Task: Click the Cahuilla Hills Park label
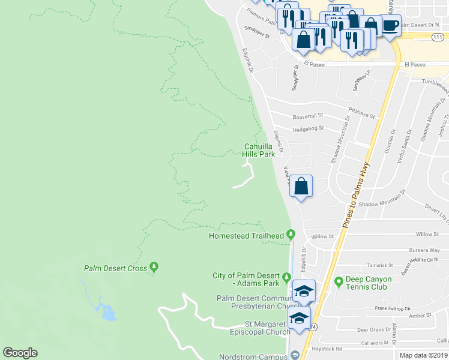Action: pos(259,150)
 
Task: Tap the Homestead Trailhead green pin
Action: pos(291,234)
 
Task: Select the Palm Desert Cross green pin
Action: pos(155,267)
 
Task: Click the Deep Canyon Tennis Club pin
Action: pos(339,280)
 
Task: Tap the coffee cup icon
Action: pos(390,26)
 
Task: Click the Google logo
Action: pos(20,353)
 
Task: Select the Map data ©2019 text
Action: pos(423,355)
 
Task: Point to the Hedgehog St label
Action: pos(308,128)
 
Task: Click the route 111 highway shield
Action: pos(438,37)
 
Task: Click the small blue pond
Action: pos(108,312)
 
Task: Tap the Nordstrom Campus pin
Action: pos(294,356)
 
